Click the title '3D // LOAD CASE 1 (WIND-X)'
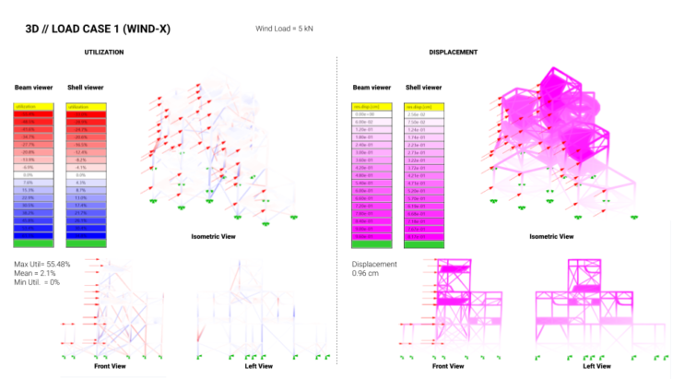98,29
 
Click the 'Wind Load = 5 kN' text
287,29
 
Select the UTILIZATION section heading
103,52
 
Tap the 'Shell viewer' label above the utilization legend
86,88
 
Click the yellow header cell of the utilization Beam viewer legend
34,107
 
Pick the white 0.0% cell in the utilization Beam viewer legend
34,173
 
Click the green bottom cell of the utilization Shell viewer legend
87,243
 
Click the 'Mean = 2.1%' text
36,273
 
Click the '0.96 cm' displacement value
367,274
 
